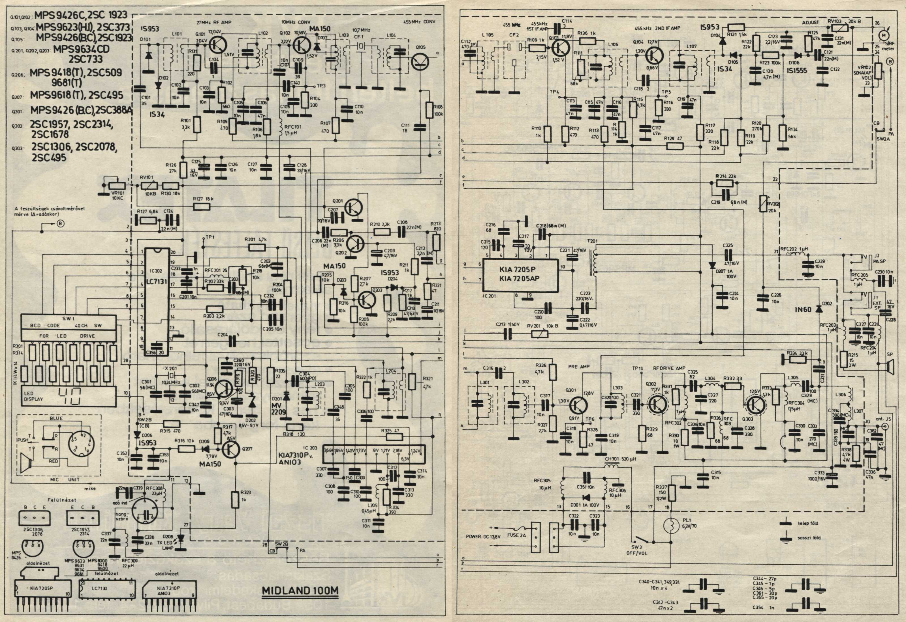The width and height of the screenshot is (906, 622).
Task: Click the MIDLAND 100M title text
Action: (300, 590)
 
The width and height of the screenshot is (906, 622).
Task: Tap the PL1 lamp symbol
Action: (672, 525)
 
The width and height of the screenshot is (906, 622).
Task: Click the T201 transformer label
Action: (592, 241)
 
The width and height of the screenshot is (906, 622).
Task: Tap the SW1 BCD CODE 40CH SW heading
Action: (66, 325)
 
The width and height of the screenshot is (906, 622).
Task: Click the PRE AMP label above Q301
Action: (578, 367)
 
